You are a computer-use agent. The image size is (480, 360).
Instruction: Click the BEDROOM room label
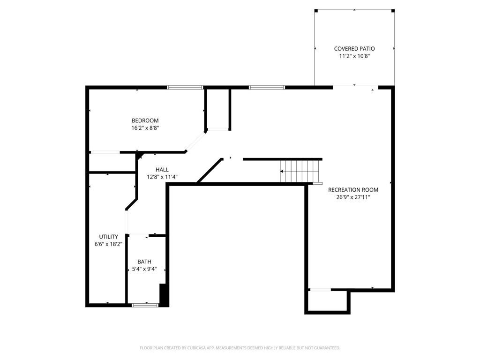(x=145, y=120)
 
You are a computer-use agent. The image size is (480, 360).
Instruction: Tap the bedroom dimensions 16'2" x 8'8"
(x=145, y=127)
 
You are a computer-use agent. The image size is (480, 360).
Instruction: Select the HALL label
(x=162, y=170)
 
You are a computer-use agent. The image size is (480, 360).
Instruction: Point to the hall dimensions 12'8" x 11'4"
(x=162, y=177)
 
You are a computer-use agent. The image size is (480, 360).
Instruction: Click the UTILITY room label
(x=108, y=237)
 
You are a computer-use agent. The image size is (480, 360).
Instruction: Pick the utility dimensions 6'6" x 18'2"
(x=108, y=244)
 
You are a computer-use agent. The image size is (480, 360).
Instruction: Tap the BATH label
(x=144, y=262)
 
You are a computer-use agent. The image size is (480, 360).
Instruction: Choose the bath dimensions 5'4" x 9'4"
(x=144, y=269)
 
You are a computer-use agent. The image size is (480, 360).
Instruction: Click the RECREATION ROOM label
(x=353, y=190)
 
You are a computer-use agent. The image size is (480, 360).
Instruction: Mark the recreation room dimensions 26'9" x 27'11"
(x=353, y=197)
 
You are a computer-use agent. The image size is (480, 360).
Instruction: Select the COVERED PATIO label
(x=354, y=48)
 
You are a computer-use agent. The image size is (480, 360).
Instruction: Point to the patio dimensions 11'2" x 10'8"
(x=354, y=56)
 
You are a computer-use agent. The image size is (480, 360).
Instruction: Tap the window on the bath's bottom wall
(x=145, y=305)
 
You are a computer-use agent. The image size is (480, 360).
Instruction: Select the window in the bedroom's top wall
(x=185, y=87)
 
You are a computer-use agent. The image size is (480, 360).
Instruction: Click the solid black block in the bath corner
(x=164, y=294)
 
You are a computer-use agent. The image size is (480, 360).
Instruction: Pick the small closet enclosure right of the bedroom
(x=217, y=109)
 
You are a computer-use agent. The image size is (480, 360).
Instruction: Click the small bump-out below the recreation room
(x=327, y=301)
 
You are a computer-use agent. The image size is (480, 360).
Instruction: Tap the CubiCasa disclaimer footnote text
(x=240, y=348)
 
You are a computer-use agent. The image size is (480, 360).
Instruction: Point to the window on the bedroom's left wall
(x=104, y=152)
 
